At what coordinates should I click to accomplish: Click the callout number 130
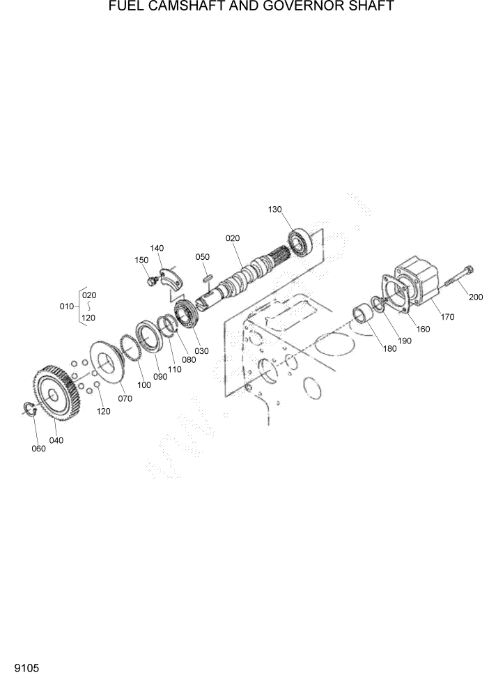click(275, 209)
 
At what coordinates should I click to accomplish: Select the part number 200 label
click(476, 297)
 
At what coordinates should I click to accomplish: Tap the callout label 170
click(447, 317)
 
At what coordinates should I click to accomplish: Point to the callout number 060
click(38, 449)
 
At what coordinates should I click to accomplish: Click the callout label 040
click(56, 440)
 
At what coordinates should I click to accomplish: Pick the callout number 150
click(141, 260)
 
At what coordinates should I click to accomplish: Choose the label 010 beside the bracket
click(67, 306)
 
